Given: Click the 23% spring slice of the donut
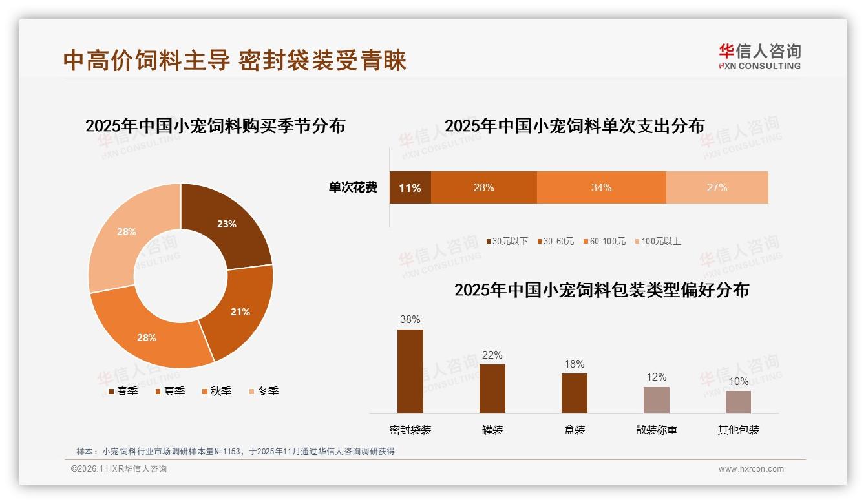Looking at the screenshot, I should (x=226, y=224).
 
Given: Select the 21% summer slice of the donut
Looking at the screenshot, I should (x=240, y=311).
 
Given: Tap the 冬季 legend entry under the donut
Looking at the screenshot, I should (x=264, y=391).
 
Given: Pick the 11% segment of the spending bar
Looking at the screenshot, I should (x=410, y=188).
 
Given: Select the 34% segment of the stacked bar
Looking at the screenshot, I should (x=601, y=188).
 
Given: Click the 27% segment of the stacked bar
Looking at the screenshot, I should (x=717, y=188).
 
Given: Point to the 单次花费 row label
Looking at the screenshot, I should (x=353, y=188).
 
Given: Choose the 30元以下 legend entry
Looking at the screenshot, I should (x=507, y=241).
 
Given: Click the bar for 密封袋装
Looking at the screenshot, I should (x=410, y=371).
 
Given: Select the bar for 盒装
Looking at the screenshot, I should (x=574, y=392).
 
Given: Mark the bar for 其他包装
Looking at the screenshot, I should (x=738, y=401).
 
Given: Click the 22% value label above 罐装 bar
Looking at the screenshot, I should (x=492, y=355).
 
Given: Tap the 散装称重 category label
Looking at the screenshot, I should (x=656, y=430).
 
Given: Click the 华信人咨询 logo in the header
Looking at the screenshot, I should (x=759, y=56).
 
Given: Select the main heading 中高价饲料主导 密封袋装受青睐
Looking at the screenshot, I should (x=235, y=60).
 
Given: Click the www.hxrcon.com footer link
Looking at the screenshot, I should (x=750, y=469).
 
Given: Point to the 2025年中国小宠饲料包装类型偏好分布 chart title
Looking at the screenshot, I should (x=601, y=289).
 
